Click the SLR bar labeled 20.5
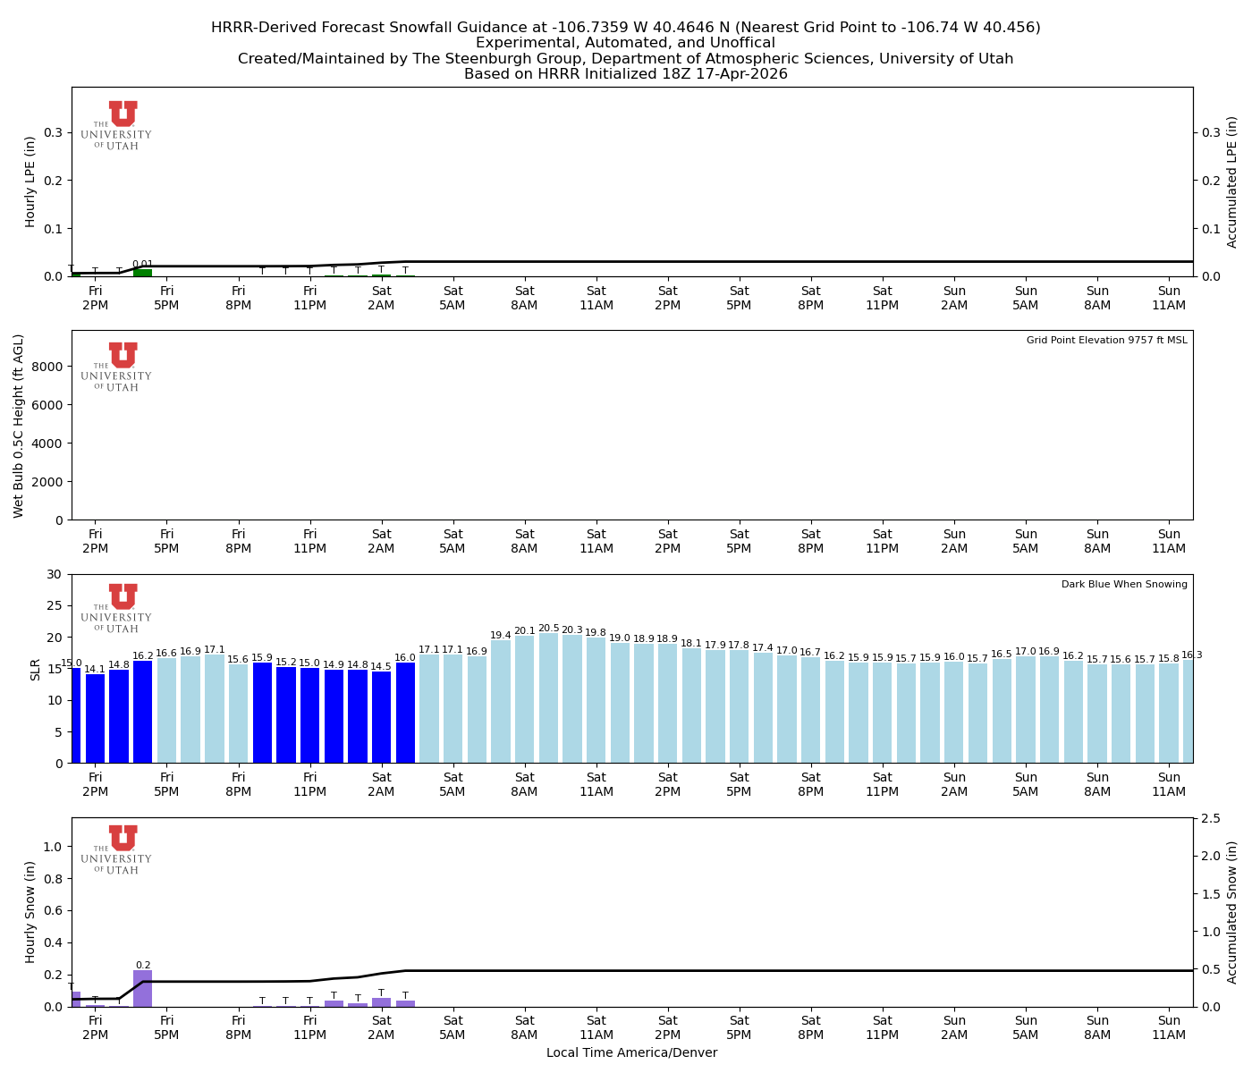(x=548, y=697)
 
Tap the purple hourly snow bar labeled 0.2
(x=143, y=988)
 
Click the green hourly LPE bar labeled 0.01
(x=143, y=273)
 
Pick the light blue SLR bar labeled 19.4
(x=501, y=701)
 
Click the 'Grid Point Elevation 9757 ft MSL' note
(x=1106, y=341)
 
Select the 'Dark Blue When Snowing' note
(x=1124, y=585)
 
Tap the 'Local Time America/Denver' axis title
(x=631, y=1053)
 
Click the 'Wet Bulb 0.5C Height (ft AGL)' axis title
(x=19, y=426)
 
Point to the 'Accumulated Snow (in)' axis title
(x=1232, y=912)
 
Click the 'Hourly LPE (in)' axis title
(x=30, y=182)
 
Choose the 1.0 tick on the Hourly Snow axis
(x=54, y=847)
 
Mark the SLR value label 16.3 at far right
(x=1192, y=655)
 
